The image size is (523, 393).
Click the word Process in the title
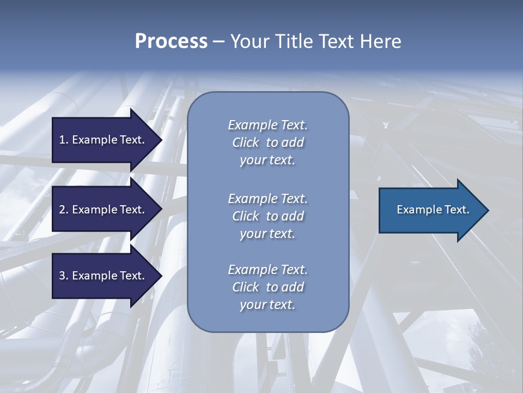click(x=171, y=41)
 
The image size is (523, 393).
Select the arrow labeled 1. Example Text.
click(x=104, y=140)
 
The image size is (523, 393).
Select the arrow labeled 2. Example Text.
click(x=104, y=210)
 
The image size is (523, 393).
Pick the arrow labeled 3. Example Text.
click(x=104, y=276)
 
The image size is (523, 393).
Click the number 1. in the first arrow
click(x=63, y=140)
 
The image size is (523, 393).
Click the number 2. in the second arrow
click(x=63, y=210)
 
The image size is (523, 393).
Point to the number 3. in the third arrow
click(x=63, y=276)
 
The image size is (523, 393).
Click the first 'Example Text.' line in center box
click(x=267, y=125)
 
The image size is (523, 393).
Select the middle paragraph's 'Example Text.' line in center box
click(x=267, y=199)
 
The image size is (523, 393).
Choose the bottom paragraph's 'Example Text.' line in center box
click(x=267, y=270)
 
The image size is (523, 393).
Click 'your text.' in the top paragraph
click(x=267, y=160)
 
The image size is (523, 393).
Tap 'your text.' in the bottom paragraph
click(x=267, y=305)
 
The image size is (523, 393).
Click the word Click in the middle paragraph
click(x=245, y=216)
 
